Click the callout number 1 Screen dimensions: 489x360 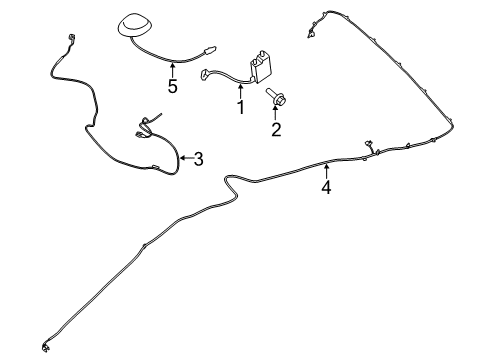[x=240, y=106]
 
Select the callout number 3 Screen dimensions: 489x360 [x=198, y=157]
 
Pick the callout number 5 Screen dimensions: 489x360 [x=172, y=86]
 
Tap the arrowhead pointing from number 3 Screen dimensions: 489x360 [x=182, y=156]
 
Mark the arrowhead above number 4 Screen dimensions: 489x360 [x=326, y=165]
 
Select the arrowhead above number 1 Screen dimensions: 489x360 [x=240, y=87]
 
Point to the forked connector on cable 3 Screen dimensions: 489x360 [x=145, y=124]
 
